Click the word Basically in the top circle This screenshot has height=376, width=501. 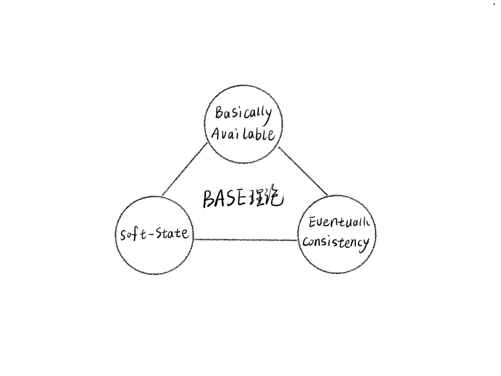point(243,114)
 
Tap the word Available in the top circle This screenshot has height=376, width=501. point(243,134)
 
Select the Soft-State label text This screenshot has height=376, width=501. point(155,234)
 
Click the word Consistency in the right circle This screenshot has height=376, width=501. point(336,242)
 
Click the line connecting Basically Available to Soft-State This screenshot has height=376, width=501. point(184,169)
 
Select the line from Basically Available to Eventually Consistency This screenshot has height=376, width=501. point(303,170)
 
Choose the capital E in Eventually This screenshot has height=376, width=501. point(314,223)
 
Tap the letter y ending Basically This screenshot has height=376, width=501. point(268,114)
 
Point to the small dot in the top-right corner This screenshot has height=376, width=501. point(494,4)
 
